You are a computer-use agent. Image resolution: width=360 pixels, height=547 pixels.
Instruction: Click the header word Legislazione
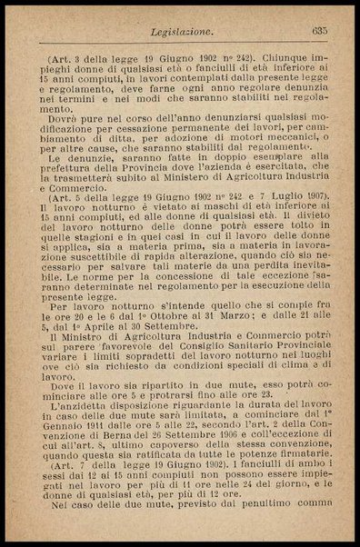[178, 34]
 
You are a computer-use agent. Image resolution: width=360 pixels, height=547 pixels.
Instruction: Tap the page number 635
[318, 34]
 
